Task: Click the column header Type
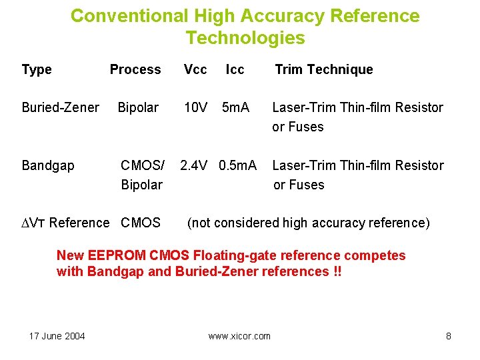tap(37, 69)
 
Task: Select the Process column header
tap(135, 69)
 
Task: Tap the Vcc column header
tap(195, 69)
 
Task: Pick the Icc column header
tap(235, 69)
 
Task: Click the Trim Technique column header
tap(324, 69)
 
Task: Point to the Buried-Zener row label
tap(60, 107)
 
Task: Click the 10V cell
tap(196, 107)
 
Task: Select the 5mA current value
tap(236, 107)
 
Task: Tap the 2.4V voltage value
tap(195, 165)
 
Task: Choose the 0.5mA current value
tap(238, 165)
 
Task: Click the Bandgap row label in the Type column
tap(48, 165)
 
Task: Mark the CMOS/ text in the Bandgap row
tap(142, 165)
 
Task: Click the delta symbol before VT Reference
tap(26, 223)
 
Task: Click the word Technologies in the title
tap(245, 38)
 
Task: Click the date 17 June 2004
tap(57, 336)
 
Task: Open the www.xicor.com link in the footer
tap(239, 336)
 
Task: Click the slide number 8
tap(449, 336)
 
